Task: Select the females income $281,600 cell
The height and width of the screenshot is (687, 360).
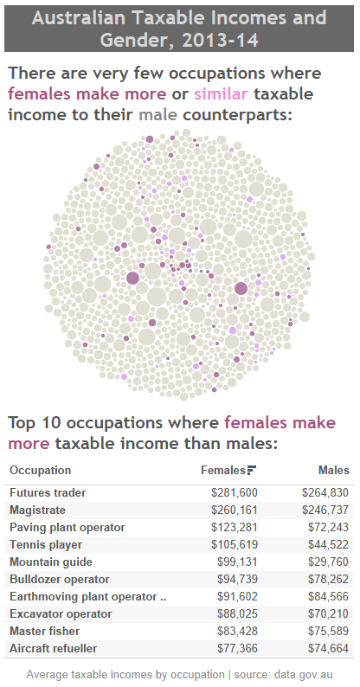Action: [x=235, y=492]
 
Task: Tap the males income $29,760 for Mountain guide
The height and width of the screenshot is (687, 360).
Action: [x=325, y=562]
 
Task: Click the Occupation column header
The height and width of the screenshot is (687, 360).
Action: [x=40, y=471]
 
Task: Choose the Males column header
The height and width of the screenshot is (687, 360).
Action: [x=332, y=471]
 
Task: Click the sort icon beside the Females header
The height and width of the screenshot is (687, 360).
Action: [x=252, y=471]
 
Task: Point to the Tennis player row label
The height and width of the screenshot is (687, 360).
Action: [x=46, y=544]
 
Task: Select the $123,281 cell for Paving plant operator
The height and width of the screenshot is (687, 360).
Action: [x=235, y=527]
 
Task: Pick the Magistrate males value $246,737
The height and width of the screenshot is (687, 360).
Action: [x=325, y=510]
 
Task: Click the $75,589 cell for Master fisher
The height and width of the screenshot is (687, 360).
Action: [x=325, y=631]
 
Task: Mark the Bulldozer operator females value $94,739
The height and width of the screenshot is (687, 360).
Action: [x=237, y=579]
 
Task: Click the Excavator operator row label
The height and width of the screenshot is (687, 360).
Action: [x=59, y=613]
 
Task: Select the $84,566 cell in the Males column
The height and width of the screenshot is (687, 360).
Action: [x=325, y=596]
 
